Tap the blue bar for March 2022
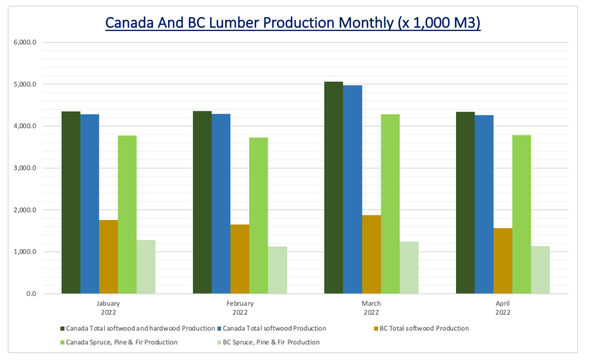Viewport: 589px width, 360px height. click(x=352, y=190)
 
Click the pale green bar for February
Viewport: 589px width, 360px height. click(x=278, y=270)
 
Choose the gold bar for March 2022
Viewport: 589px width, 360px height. click(x=371, y=254)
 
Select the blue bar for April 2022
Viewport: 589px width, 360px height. click(x=484, y=204)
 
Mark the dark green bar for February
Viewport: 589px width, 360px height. click(x=202, y=202)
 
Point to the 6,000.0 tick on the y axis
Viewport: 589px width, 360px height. click(x=25, y=43)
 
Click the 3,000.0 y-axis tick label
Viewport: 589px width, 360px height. click(x=25, y=168)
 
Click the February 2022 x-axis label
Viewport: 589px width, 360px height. click(x=240, y=308)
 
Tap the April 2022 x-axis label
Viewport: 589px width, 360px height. click(x=503, y=308)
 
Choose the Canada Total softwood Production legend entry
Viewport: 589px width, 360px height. click(x=273, y=328)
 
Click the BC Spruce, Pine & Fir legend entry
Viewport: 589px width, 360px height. click(x=266, y=342)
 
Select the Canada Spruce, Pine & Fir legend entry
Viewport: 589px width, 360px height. click(x=121, y=342)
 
